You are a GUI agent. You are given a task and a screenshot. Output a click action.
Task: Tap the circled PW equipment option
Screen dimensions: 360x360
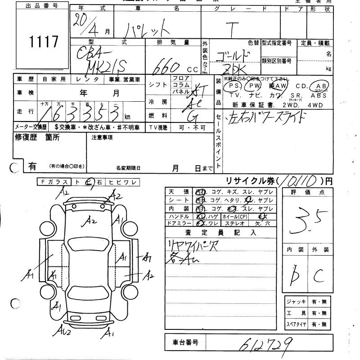(255, 85)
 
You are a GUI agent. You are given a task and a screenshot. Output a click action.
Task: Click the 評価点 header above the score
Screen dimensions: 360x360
(307, 192)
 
